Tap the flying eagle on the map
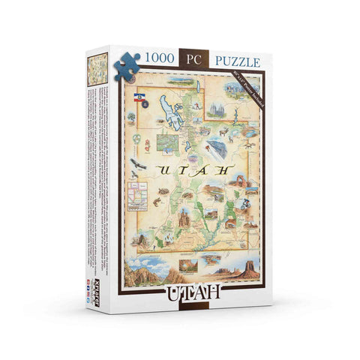138,163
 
